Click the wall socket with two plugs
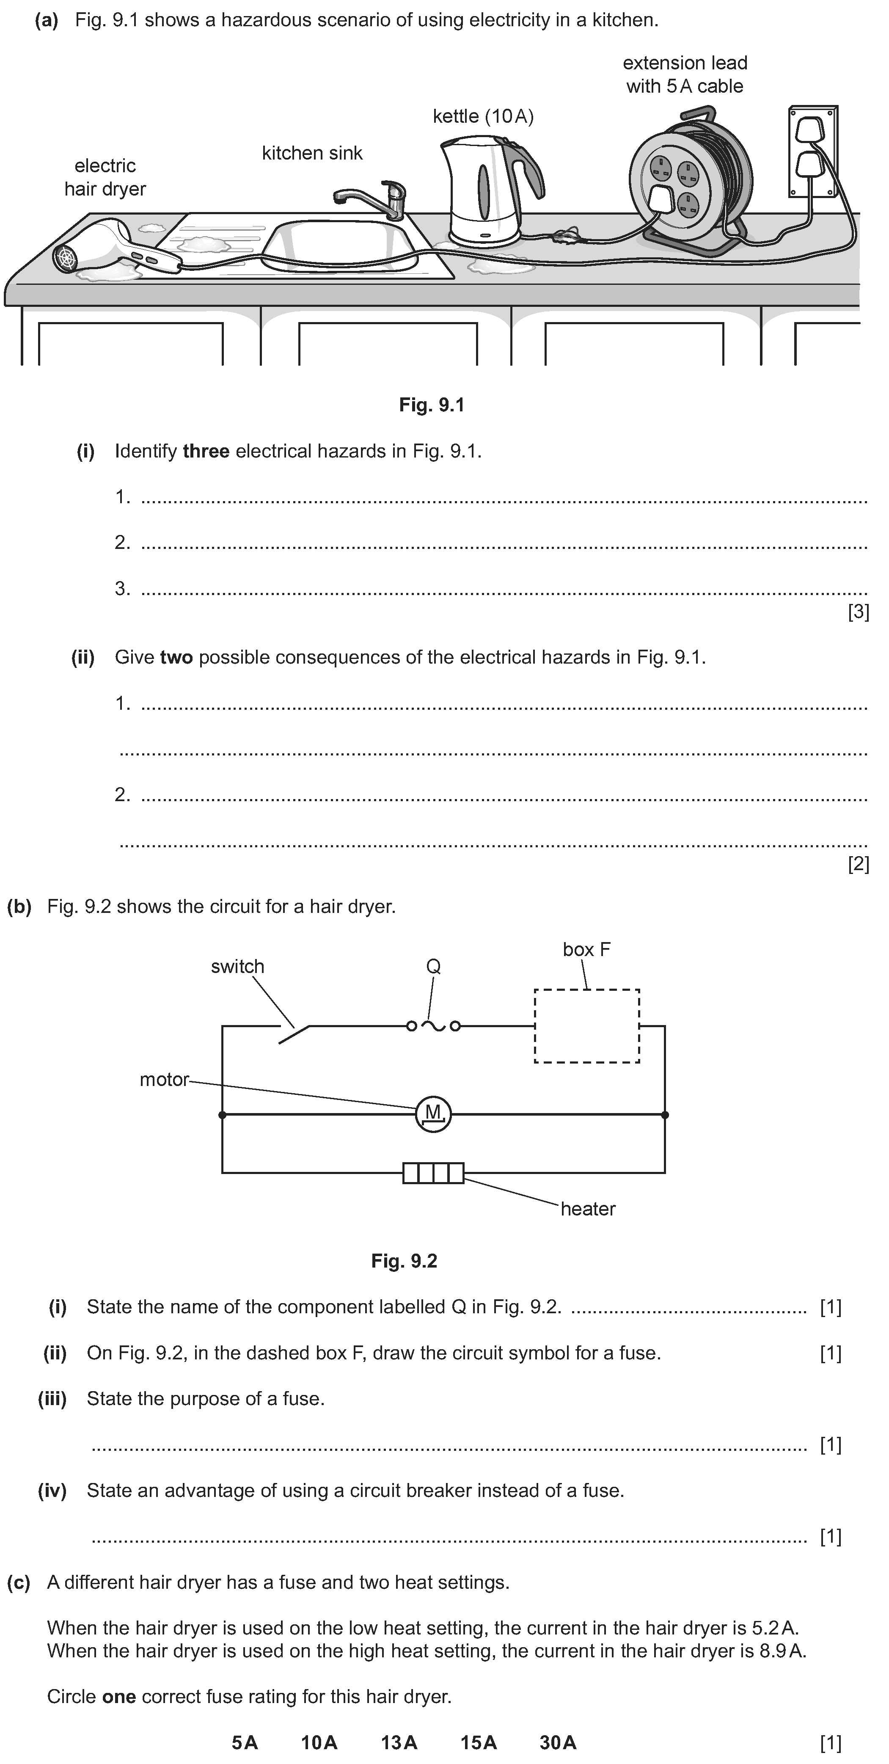point(812,152)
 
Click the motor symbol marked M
point(433,1114)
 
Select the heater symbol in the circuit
point(433,1173)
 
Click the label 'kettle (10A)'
point(483,116)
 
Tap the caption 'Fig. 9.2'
point(404,1261)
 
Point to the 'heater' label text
point(588,1209)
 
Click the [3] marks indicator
point(858,612)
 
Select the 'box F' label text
point(586,949)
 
